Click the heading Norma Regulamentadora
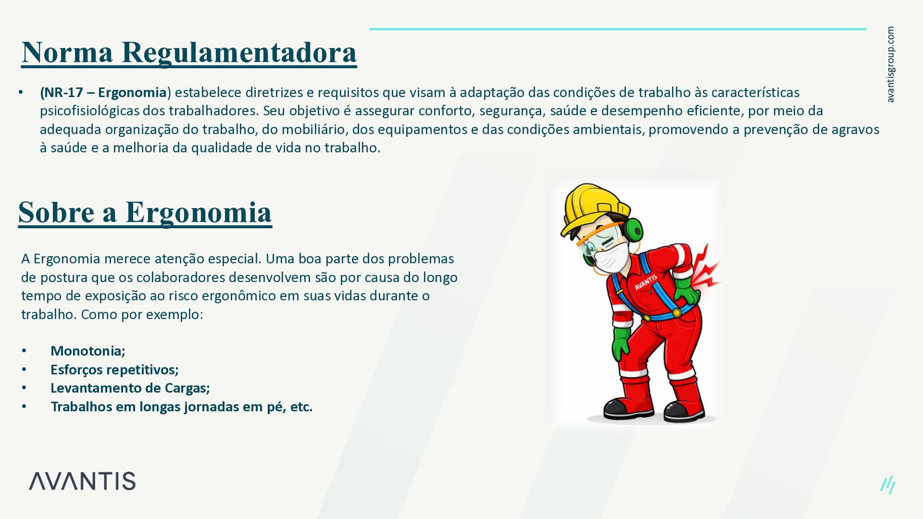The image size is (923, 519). [189, 52]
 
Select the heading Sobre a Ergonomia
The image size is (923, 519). [145, 212]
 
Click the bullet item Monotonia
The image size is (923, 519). [88, 351]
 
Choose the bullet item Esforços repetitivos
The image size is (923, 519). [114, 370]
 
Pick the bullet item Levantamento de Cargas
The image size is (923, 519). [130, 388]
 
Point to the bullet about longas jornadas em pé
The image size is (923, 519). [182, 407]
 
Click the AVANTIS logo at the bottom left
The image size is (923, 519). [82, 481]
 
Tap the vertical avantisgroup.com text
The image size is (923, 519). [890, 64]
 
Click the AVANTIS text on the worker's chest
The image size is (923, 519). [646, 283]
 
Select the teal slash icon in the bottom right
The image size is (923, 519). [888, 485]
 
